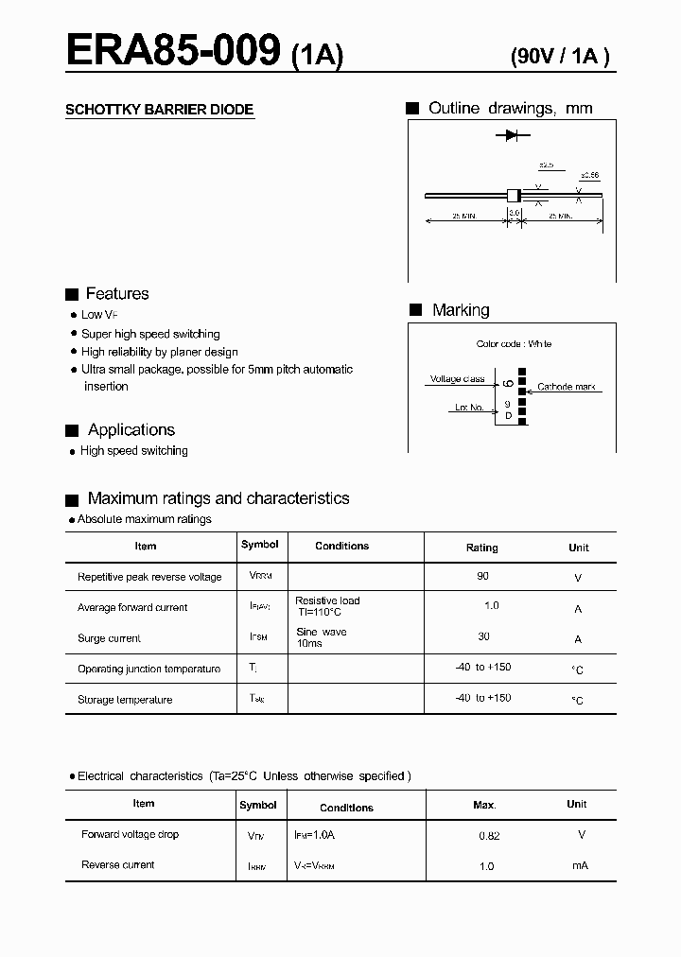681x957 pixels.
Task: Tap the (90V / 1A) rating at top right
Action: click(x=560, y=56)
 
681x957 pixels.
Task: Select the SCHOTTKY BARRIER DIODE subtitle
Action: click(x=159, y=110)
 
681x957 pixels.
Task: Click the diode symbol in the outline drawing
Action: click(x=511, y=136)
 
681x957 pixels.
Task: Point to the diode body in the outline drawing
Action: click(x=514, y=195)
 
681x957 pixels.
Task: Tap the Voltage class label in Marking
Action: click(x=457, y=379)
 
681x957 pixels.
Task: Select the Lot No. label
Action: click(x=468, y=408)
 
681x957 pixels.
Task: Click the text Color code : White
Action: click(x=514, y=344)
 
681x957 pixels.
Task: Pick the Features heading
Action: click(x=116, y=294)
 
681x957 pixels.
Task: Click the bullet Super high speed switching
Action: click(x=149, y=334)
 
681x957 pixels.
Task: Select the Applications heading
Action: click(x=131, y=430)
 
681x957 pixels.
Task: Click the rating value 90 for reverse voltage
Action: click(x=483, y=576)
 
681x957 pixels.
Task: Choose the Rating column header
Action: click(x=481, y=548)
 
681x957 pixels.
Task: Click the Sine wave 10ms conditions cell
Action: click(x=321, y=637)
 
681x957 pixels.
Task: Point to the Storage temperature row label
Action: click(x=125, y=700)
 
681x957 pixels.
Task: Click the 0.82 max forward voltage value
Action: click(x=489, y=836)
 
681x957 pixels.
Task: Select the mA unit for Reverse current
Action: click(x=580, y=865)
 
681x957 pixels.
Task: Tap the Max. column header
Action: click(x=484, y=805)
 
